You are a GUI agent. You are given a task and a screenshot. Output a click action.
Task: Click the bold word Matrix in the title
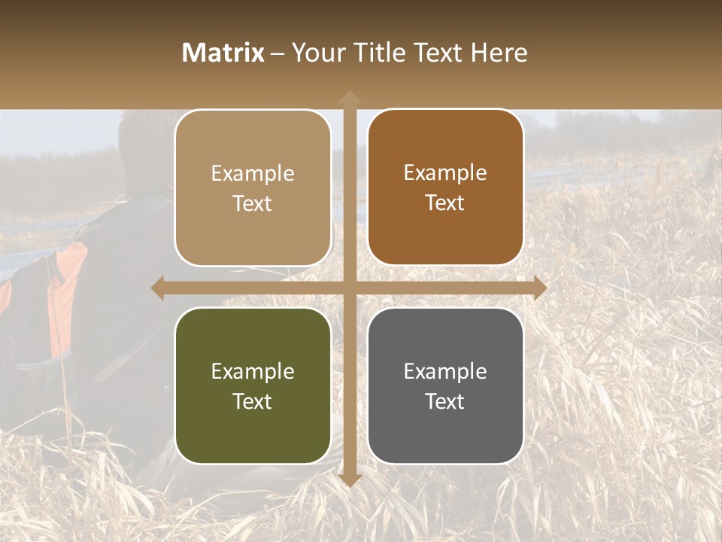pyautogui.click(x=223, y=53)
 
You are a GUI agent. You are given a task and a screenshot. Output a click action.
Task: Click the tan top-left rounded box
pyautogui.click(x=253, y=187)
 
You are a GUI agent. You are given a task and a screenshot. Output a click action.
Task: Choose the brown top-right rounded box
pyautogui.click(x=445, y=187)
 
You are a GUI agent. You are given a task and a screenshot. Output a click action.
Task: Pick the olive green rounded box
pyautogui.click(x=253, y=385)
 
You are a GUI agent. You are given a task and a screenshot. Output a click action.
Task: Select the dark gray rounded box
pyautogui.click(x=445, y=385)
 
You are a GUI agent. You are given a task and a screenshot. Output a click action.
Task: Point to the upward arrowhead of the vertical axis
pyautogui.click(x=349, y=98)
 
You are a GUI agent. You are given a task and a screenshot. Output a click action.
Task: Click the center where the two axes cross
pyautogui.click(x=349, y=288)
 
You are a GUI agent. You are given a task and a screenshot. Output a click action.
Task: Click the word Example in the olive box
pyautogui.click(x=253, y=371)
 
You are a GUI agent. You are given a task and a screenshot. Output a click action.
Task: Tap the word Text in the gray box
pyautogui.click(x=445, y=401)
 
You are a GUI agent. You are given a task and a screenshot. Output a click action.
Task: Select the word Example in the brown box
pyautogui.click(x=445, y=173)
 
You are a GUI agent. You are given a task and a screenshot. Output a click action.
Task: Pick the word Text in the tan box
pyautogui.click(x=253, y=203)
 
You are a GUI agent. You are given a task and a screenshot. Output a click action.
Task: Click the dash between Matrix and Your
pyautogui.click(x=278, y=53)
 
